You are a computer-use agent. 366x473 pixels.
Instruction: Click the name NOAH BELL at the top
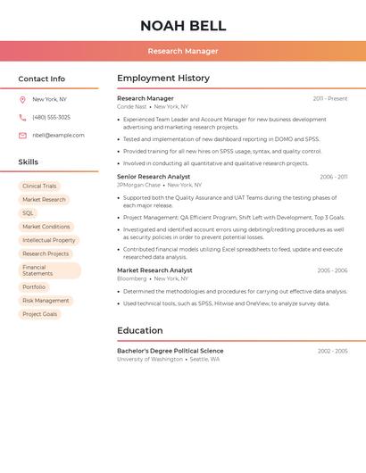[x=183, y=26]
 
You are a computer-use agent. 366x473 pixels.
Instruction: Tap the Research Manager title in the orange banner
[x=183, y=51]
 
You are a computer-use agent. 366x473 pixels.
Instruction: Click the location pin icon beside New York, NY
[x=22, y=100]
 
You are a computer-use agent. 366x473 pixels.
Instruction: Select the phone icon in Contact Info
[x=22, y=118]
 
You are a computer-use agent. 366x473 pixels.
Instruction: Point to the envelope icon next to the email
[x=22, y=136]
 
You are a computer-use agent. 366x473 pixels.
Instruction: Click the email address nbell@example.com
[x=58, y=136]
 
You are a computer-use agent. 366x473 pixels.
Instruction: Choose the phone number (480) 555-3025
[x=51, y=118]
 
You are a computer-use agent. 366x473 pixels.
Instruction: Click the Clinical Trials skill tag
[x=39, y=187]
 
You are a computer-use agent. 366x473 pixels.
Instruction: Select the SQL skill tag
[x=28, y=213]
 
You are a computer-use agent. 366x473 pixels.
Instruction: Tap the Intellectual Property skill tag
[x=49, y=240]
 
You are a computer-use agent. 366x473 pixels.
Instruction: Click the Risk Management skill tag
[x=46, y=301]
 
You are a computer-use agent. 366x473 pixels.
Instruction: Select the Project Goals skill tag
[x=39, y=314]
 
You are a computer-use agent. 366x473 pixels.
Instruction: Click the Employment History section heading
[x=163, y=79]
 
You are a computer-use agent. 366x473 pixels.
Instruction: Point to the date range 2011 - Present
[x=329, y=99]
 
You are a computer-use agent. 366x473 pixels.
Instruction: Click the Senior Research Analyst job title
[x=154, y=177]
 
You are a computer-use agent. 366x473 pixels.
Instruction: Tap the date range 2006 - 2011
[x=333, y=178]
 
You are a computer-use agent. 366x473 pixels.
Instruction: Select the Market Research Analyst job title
[x=154, y=270]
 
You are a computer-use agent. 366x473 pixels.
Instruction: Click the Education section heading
[x=140, y=330]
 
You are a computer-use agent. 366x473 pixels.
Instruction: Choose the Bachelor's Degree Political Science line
[x=171, y=351]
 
